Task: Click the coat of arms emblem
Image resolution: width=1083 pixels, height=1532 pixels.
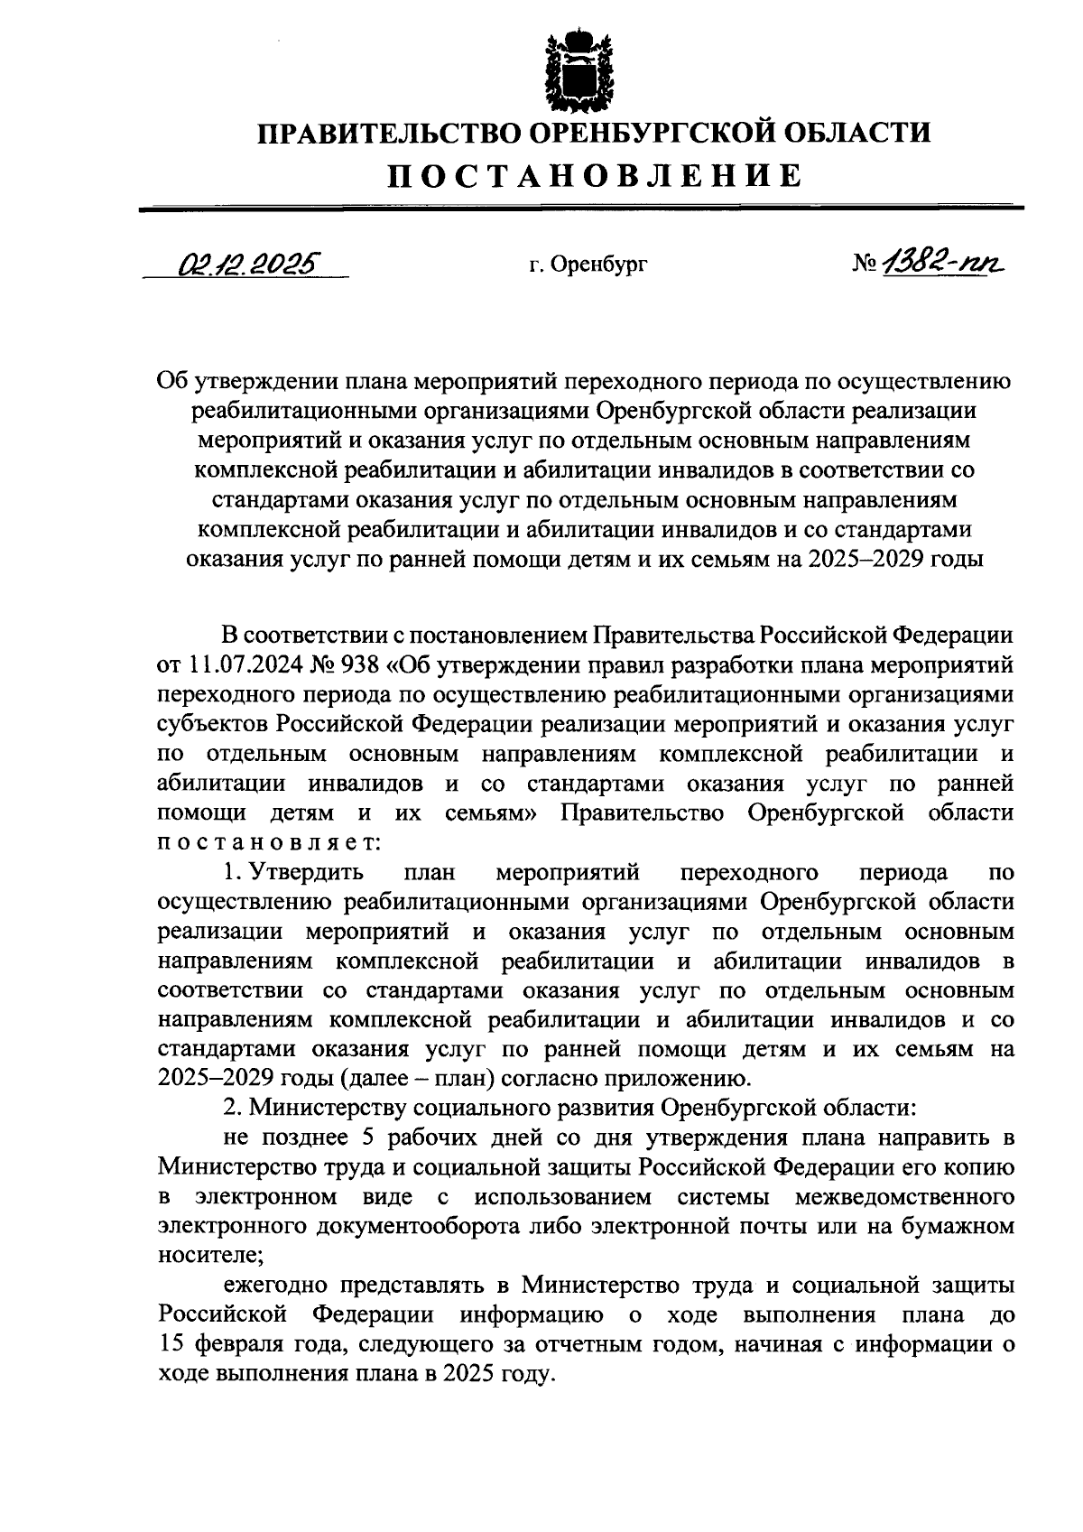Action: tap(567, 68)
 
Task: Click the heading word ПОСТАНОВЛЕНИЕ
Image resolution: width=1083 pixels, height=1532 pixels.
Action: tap(594, 174)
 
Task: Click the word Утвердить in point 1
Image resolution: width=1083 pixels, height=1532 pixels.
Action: tap(306, 873)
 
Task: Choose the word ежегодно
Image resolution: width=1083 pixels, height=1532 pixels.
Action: tap(267, 1284)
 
